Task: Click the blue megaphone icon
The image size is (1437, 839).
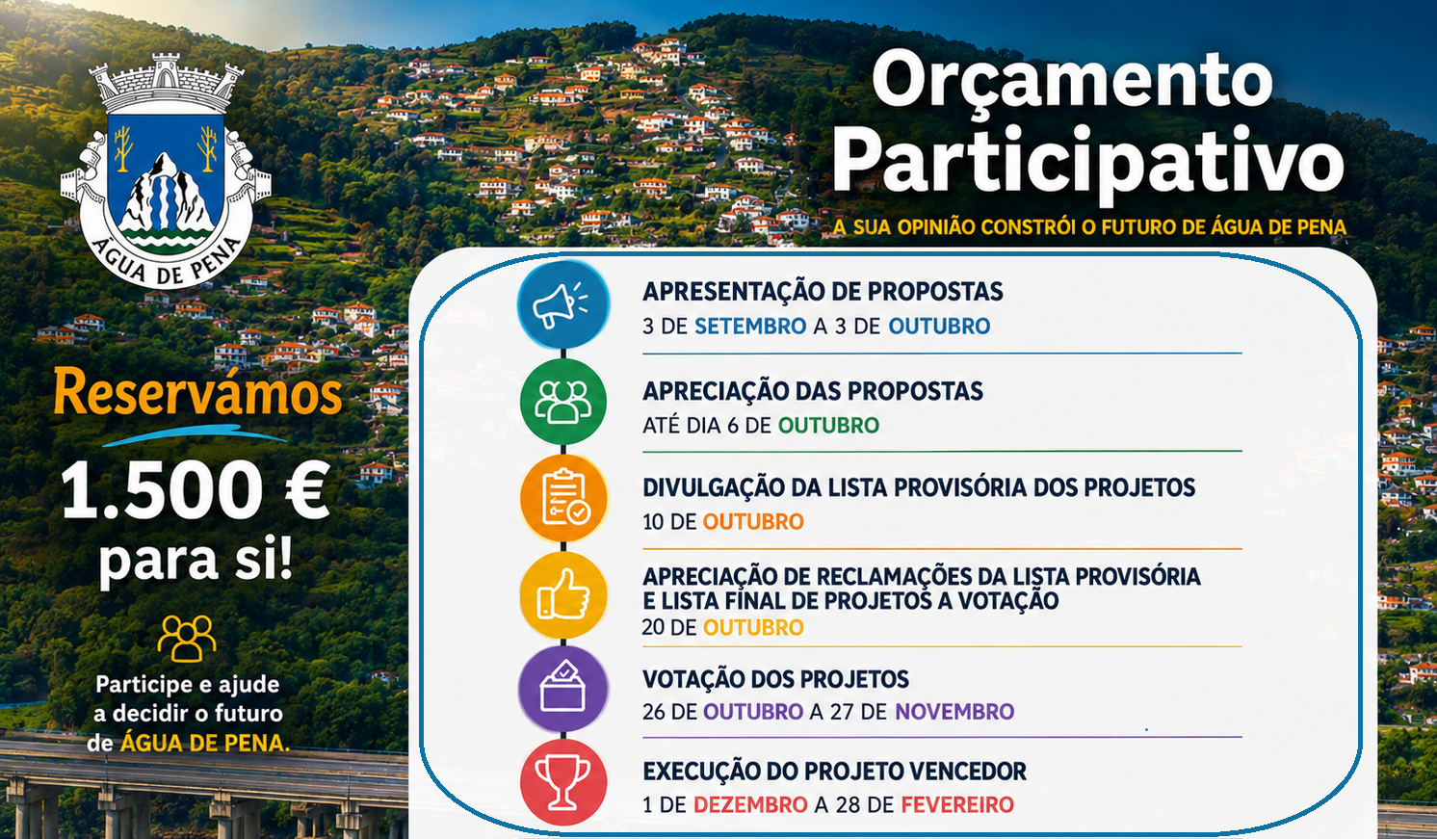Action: pyautogui.click(x=562, y=303)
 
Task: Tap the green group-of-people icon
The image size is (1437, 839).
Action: pyautogui.click(x=562, y=402)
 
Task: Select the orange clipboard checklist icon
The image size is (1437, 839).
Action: pyautogui.click(x=562, y=498)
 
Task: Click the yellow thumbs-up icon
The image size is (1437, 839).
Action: pyautogui.click(x=562, y=595)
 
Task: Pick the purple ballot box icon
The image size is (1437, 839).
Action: pyautogui.click(x=562, y=689)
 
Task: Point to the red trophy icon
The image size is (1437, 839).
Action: pyautogui.click(x=562, y=782)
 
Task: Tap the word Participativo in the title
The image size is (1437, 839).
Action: pyautogui.click(x=1088, y=164)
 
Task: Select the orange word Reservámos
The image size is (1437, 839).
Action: pyautogui.click(x=197, y=393)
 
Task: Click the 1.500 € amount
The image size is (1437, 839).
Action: pyautogui.click(x=195, y=490)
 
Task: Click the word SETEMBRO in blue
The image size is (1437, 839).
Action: pyautogui.click(x=750, y=327)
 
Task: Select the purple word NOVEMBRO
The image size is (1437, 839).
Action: pyautogui.click(x=954, y=712)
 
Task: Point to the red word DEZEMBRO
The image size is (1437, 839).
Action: pyautogui.click(x=750, y=805)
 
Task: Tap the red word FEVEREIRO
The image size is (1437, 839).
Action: pyautogui.click(x=957, y=805)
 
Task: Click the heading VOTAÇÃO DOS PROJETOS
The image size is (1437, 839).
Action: pyautogui.click(x=775, y=679)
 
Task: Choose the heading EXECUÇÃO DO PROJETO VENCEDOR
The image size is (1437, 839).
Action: pyautogui.click(x=835, y=771)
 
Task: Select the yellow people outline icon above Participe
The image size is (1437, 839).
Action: pyautogui.click(x=187, y=639)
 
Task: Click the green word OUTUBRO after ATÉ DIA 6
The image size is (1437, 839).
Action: pyautogui.click(x=828, y=426)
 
